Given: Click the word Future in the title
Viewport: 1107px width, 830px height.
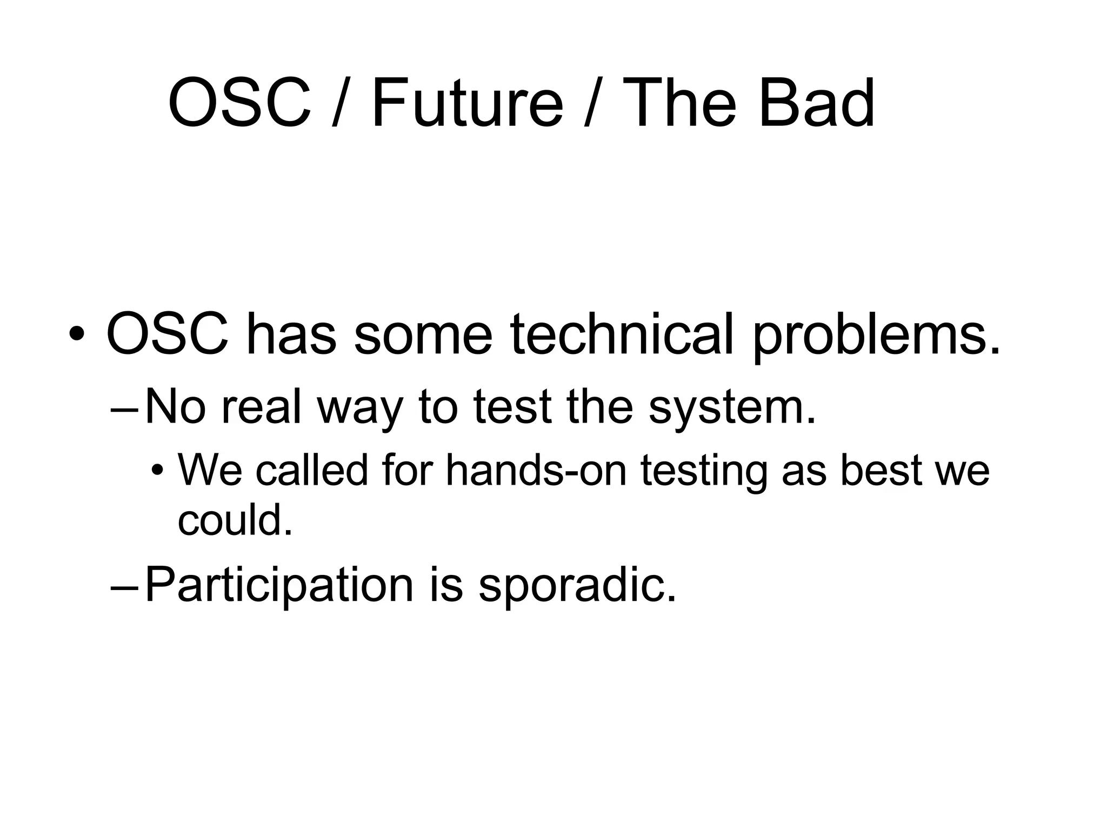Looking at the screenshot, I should point(467,103).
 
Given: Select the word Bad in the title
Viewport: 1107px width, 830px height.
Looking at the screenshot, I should point(816,103).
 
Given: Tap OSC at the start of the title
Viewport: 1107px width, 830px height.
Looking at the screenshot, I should point(239,103).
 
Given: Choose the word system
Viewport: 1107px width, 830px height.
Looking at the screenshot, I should point(731,409).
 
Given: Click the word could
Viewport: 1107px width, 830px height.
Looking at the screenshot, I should point(235,520).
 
